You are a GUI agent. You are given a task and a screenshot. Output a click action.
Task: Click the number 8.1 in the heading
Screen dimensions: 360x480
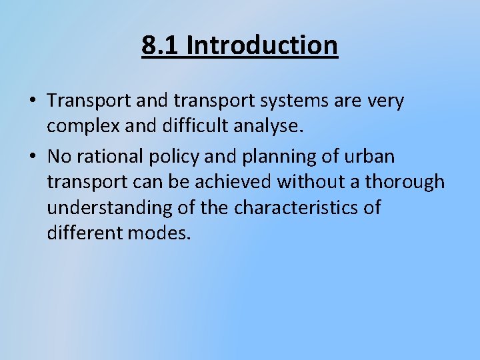161,45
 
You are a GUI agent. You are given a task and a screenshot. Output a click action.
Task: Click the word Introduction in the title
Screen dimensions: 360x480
262,45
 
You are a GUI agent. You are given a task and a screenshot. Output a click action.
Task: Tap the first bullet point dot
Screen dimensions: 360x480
33,101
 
